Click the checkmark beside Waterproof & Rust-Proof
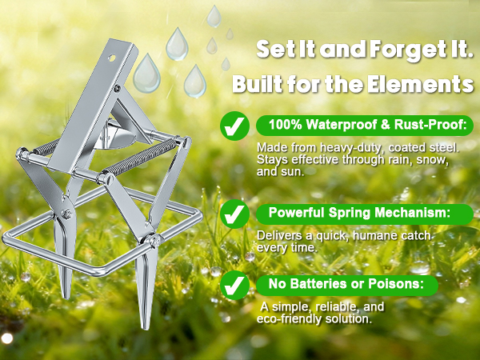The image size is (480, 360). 234,126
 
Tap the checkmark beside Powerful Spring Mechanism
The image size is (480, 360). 234,214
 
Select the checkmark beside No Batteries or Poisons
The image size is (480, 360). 234,285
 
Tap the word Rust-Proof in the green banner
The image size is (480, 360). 430,125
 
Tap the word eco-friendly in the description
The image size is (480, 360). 290,319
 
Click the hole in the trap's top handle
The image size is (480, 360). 112,58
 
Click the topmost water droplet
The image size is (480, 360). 214,16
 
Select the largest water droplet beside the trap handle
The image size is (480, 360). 146,74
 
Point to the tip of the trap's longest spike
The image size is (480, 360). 146,330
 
